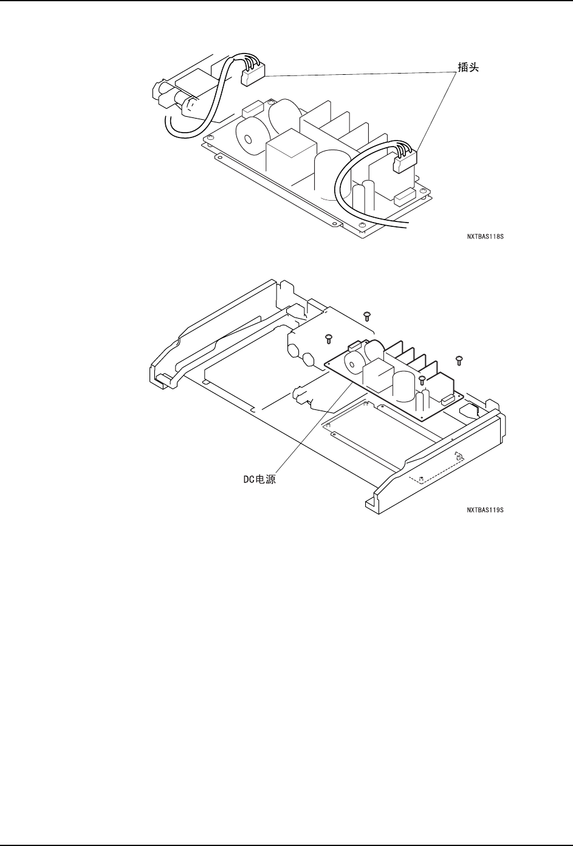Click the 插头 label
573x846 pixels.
[468, 68]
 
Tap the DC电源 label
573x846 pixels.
[255, 479]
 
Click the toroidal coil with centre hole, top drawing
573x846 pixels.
[247, 137]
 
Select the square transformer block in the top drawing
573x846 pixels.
[290, 152]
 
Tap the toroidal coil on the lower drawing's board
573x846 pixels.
[352, 364]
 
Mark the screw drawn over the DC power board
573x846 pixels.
[422, 380]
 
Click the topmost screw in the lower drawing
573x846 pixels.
[366, 315]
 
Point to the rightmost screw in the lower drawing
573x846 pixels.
[459, 360]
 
